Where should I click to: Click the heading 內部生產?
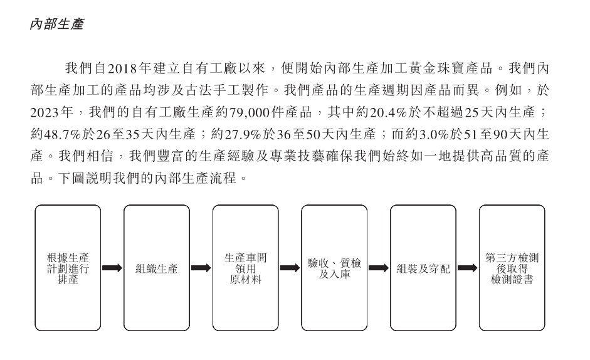pyautogui.click(x=57, y=24)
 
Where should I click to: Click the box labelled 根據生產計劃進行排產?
pyautogui.click(x=68, y=268)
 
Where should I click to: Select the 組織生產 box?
pyautogui.click(x=157, y=268)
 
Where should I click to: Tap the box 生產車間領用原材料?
pyautogui.click(x=245, y=268)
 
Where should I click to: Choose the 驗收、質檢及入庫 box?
pyautogui.click(x=334, y=268)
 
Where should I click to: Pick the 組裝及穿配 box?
pyautogui.click(x=423, y=268)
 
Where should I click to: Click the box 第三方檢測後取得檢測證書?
pyautogui.click(x=512, y=268)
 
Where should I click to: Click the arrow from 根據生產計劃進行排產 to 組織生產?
pyautogui.click(x=112, y=268)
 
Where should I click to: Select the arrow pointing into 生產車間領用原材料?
pyautogui.click(x=201, y=268)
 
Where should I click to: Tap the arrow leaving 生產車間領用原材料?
pyautogui.click(x=290, y=268)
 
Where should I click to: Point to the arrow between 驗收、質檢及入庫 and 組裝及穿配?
pyautogui.click(x=379, y=268)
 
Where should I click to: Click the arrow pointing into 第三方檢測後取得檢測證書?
pyautogui.click(x=467, y=268)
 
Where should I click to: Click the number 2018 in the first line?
pyautogui.click(x=122, y=68)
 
